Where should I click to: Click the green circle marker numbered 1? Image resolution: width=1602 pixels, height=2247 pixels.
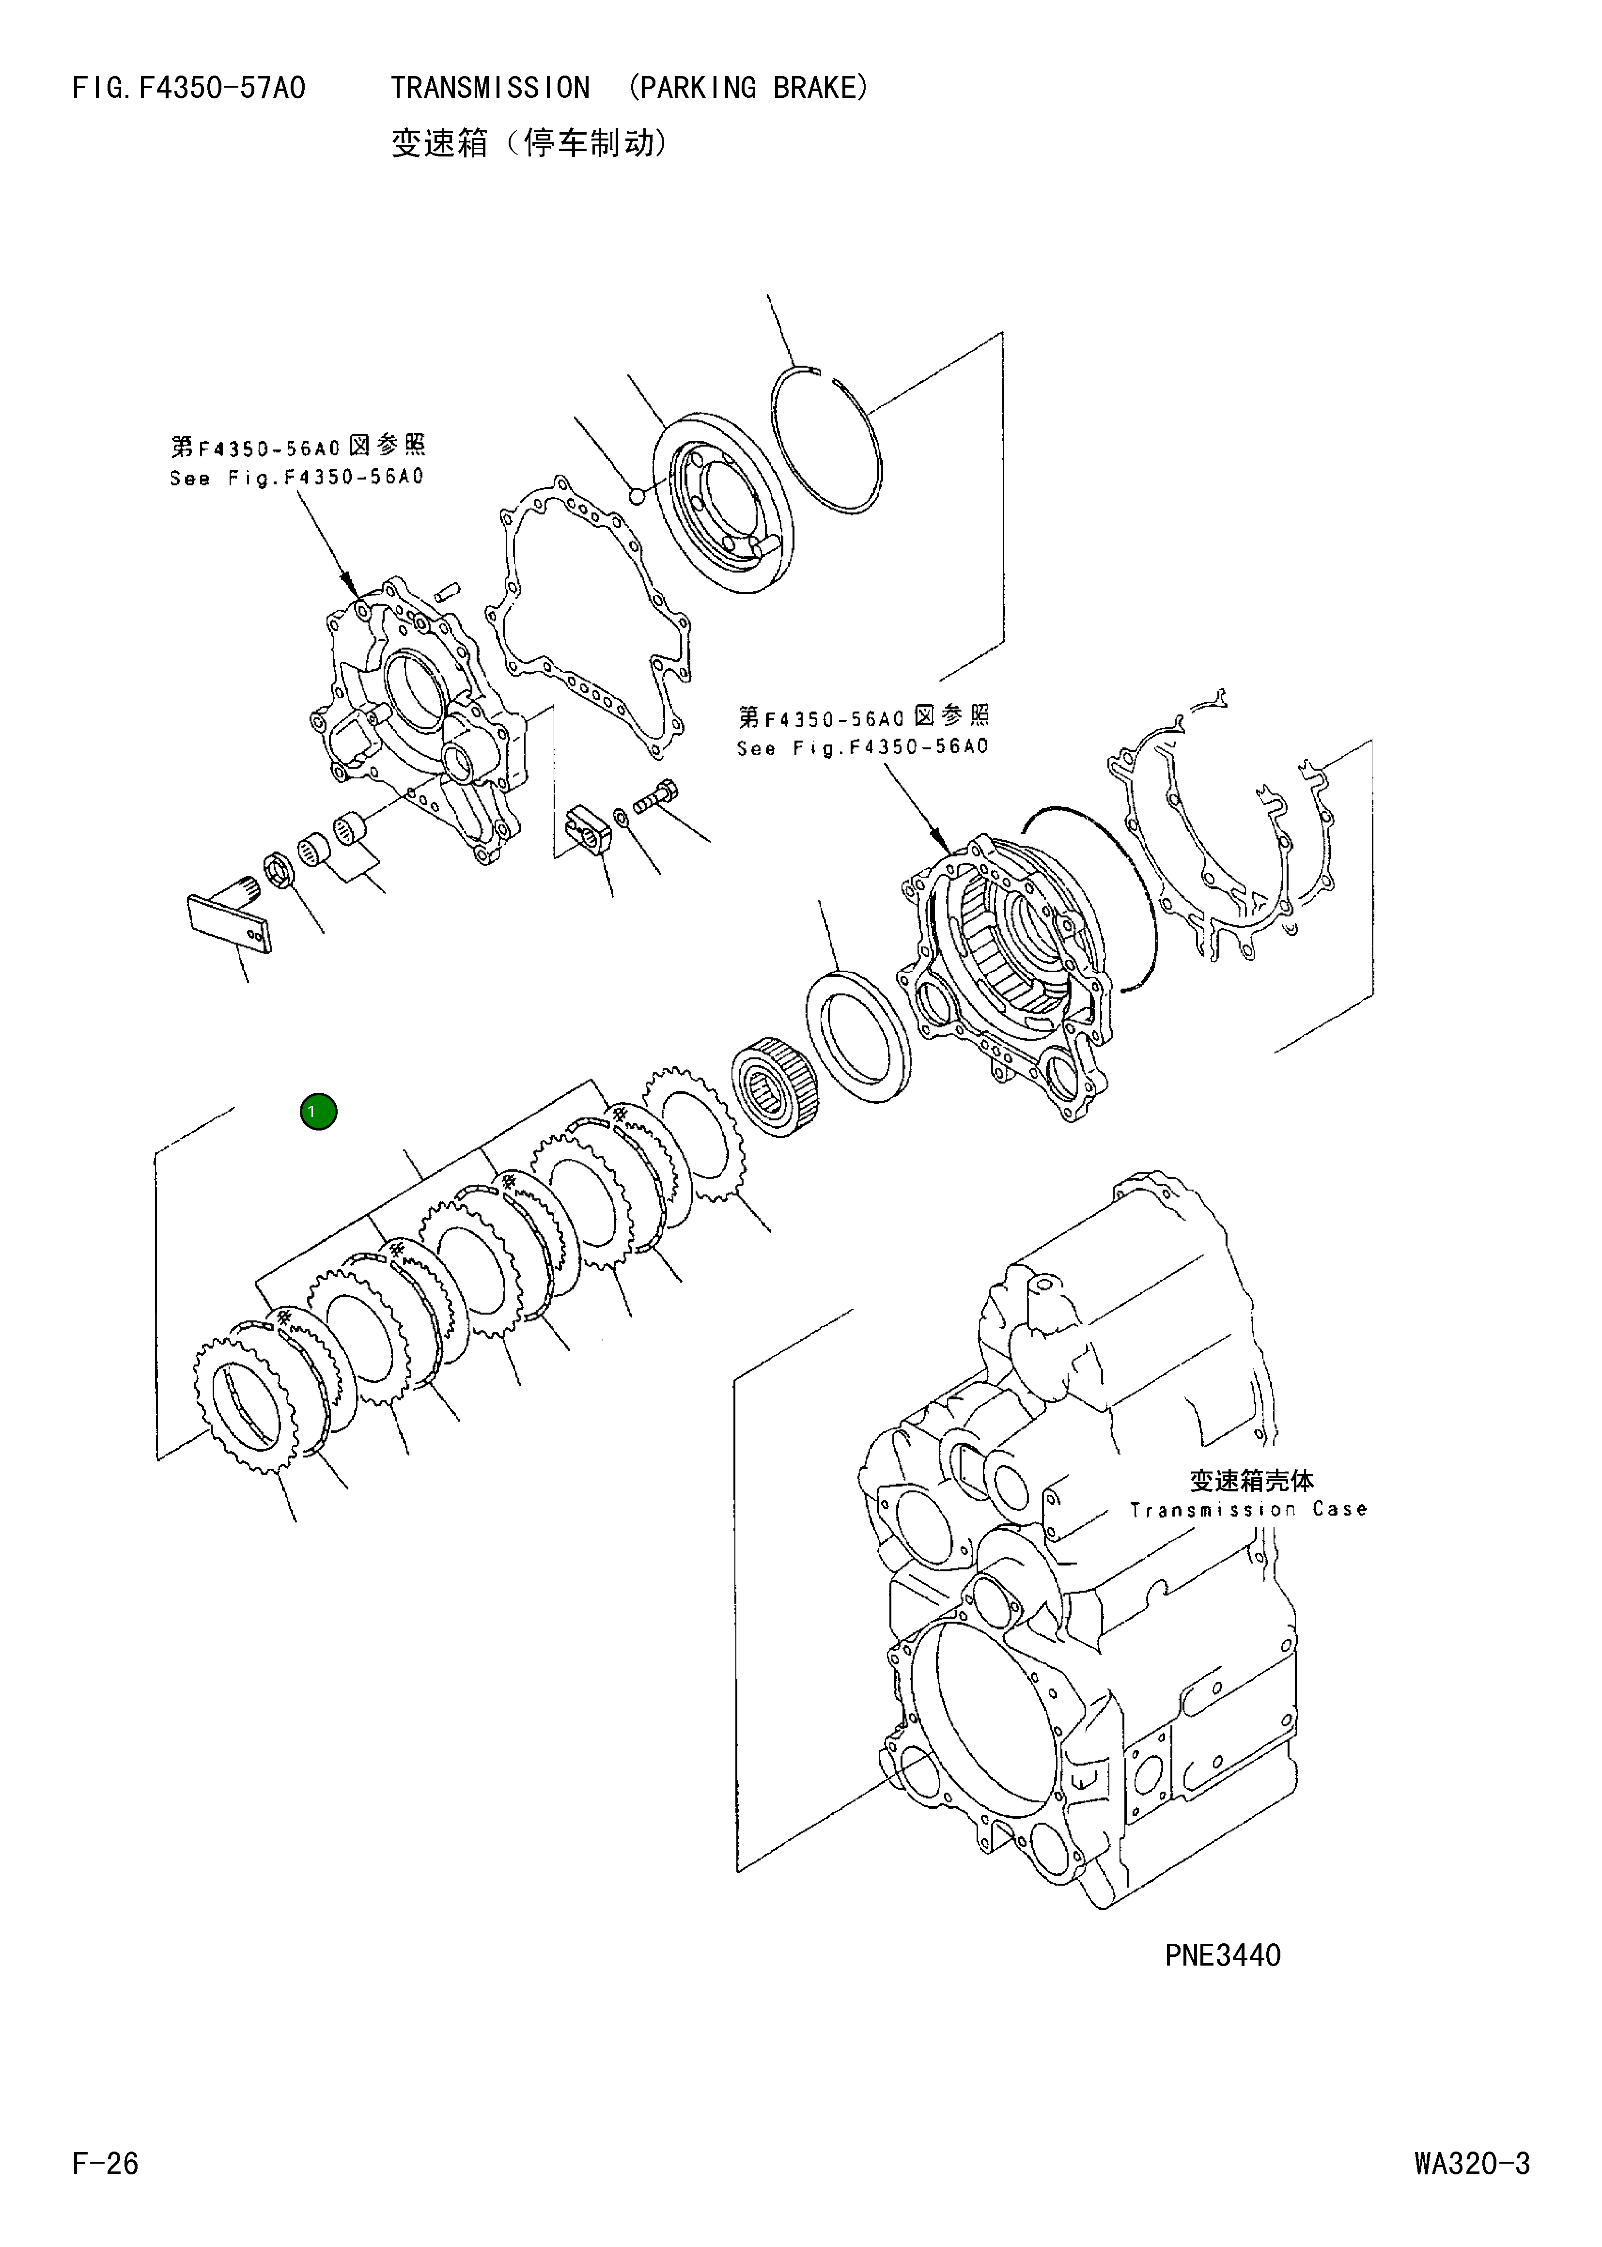319,1112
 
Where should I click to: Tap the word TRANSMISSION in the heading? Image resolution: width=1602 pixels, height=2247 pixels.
490,89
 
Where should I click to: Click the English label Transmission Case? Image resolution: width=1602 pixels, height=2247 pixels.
1248,1509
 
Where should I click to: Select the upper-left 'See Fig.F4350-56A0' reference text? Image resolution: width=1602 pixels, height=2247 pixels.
296,478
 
